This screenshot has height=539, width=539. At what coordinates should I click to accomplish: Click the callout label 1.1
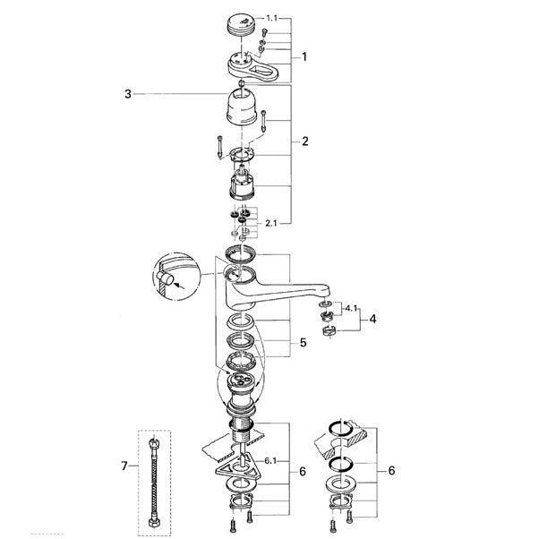pyautogui.click(x=271, y=18)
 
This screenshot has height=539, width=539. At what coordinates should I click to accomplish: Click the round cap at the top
pyautogui.click(x=242, y=24)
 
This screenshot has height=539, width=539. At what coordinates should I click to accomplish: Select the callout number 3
pyautogui.click(x=128, y=94)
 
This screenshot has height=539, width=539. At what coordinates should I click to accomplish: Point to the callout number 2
pyautogui.click(x=305, y=141)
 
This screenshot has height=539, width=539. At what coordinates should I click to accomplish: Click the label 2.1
pyautogui.click(x=271, y=224)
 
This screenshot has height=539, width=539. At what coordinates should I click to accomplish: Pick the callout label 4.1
pyautogui.click(x=351, y=308)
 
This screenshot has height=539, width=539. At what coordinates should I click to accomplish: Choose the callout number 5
pyautogui.click(x=303, y=343)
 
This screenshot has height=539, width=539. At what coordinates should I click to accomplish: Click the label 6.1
pyautogui.click(x=270, y=461)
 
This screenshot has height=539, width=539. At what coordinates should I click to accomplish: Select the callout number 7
pyautogui.click(x=124, y=466)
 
